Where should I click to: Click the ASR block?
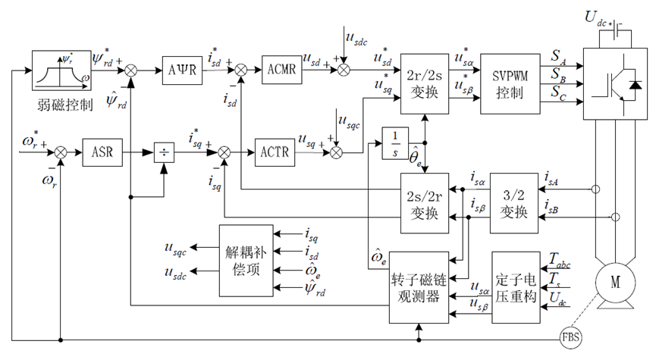[x=102, y=152]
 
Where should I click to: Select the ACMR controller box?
[x=281, y=70]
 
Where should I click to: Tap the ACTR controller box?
[x=275, y=152]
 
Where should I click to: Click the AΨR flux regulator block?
[x=182, y=70]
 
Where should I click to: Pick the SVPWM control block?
[x=510, y=83]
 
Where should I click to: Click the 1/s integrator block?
[x=395, y=143]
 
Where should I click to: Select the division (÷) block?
[x=164, y=152]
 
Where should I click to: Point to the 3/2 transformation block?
[x=513, y=203]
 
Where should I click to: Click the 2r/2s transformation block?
[x=425, y=83]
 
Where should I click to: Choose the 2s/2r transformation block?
[x=425, y=203]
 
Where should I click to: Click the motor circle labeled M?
[x=615, y=283]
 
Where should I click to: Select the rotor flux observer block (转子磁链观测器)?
[x=419, y=287]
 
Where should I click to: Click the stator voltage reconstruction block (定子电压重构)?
[x=516, y=287]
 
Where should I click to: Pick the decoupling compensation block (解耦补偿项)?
[x=246, y=261]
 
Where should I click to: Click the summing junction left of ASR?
[x=61, y=152]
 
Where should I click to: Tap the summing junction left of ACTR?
[x=224, y=152]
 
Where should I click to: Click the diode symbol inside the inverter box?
[x=636, y=85]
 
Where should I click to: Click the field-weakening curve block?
[x=61, y=70]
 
